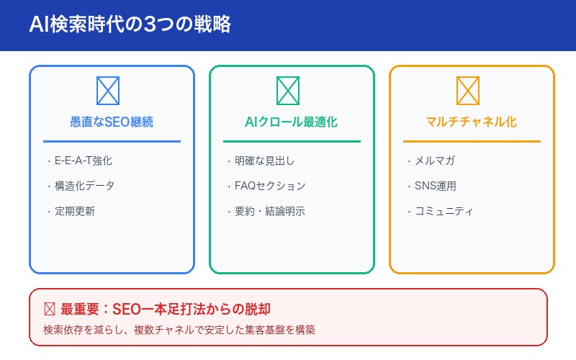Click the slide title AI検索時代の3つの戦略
tap(130, 25)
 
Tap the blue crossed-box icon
tap(108, 91)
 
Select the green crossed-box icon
tap(288, 91)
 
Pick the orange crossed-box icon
tap(468, 91)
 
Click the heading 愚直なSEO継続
tap(112, 122)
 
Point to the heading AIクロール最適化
tap(292, 122)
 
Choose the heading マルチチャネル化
tap(472, 122)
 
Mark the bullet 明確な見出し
tap(259, 161)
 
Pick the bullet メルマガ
tap(431, 161)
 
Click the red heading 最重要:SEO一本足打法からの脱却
tap(166, 310)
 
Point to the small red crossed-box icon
tap(50, 310)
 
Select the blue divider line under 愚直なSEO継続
tap(112, 141)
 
